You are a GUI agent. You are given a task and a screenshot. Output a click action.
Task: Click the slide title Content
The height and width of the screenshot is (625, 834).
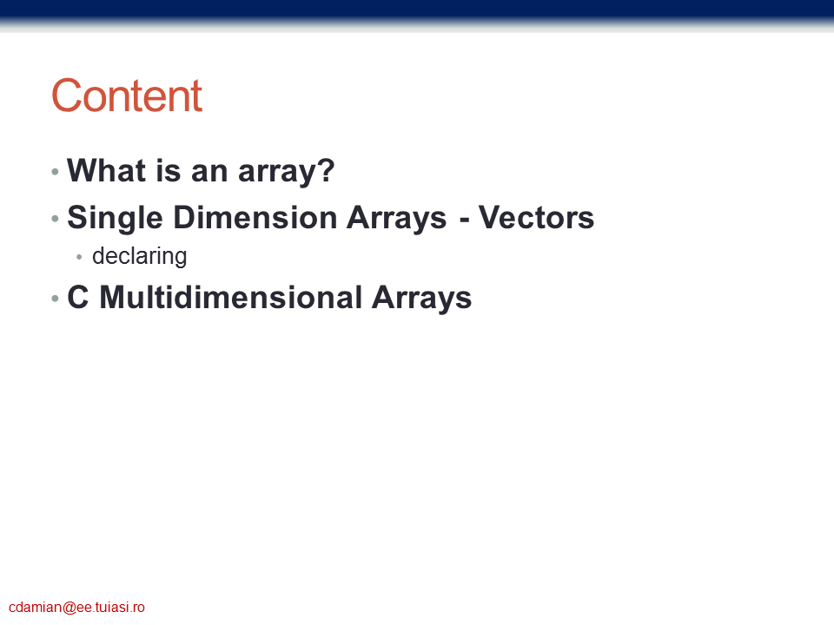[127, 95]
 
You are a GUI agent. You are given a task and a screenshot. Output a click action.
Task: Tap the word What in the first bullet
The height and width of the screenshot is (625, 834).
[106, 170]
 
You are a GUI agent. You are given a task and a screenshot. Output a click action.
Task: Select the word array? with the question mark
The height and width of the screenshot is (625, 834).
[286, 172]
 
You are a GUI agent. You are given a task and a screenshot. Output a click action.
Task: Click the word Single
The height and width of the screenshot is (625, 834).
[115, 219]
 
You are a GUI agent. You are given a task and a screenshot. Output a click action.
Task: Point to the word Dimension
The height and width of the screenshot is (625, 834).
[255, 217]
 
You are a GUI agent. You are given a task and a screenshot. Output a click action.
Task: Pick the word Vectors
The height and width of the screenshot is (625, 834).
[536, 217]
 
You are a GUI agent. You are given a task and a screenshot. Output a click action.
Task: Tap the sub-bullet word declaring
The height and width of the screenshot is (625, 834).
[139, 256]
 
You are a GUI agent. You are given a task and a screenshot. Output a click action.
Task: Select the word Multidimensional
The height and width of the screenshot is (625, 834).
[231, 297]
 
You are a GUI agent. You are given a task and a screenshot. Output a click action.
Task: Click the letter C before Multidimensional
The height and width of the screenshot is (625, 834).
[77, 297]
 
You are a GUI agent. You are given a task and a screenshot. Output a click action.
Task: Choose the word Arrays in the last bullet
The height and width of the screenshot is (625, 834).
[421, 298]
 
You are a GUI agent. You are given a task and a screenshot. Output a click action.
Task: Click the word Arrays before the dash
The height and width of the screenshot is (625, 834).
[397, 219]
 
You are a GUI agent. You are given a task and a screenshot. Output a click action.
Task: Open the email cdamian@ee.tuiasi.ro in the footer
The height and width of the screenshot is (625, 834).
[76, 608]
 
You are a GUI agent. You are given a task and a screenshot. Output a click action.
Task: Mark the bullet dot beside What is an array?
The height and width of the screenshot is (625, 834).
[55, 171]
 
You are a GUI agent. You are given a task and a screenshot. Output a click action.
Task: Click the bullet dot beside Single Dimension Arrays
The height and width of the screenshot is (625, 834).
[55, 218]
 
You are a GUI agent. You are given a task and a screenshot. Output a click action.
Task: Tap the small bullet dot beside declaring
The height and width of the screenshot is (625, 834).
[79, 257]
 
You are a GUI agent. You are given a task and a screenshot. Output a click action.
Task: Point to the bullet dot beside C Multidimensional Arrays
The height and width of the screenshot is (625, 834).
[55, 298]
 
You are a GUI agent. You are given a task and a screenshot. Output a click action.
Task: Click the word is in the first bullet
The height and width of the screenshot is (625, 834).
[169, 170]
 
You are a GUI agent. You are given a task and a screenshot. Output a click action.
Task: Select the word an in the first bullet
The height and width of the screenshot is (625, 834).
[209, 174]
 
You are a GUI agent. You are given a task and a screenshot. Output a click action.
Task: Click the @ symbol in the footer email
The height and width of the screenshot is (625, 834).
[69, 608]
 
